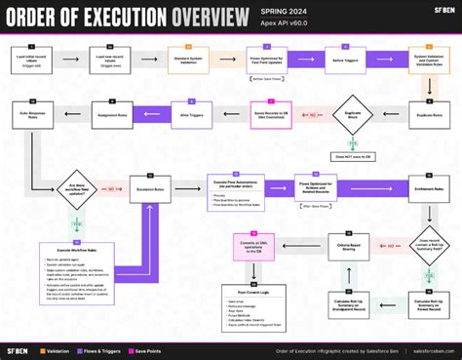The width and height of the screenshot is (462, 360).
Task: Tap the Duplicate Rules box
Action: pos(430,117)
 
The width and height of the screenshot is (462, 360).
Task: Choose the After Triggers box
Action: pos(189,117)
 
